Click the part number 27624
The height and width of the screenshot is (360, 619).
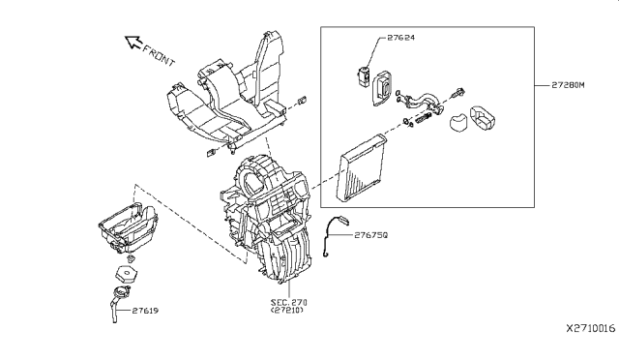coord(400,38)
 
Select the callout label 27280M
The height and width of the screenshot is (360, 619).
coord(568,85)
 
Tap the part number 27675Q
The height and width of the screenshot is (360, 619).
coord(371,235)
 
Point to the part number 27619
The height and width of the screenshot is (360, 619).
coord(145,311)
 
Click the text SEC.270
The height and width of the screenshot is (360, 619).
coord(288,302)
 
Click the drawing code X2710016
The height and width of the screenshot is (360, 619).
coord(591,328)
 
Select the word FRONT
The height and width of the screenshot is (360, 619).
coord(159,56)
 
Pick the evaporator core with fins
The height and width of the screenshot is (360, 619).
coord(361,167)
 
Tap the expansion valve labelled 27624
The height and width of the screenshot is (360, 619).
coord(363,75)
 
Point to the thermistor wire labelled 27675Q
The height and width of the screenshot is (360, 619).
coord(336,235)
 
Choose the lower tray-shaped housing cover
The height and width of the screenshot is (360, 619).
coord(128,228)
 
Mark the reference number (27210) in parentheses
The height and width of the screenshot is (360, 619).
coord(287,311)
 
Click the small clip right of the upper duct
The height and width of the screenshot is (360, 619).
coord(302,100)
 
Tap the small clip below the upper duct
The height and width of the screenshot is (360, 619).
coord(211,152)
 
